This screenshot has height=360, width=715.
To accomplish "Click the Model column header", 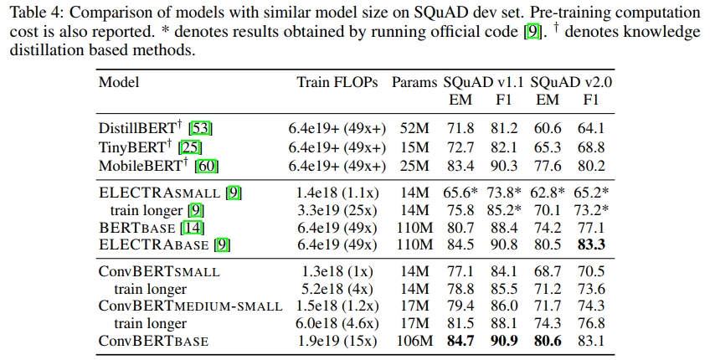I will [119, 82].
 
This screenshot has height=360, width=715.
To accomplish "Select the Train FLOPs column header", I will [337, 82].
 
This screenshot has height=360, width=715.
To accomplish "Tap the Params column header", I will [414, 82].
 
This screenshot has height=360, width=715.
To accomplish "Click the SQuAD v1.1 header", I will [483, 82].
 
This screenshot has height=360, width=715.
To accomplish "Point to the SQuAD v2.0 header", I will [571, 82].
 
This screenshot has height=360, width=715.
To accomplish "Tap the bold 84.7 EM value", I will [460, 342].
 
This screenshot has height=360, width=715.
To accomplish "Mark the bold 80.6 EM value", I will [548, 342].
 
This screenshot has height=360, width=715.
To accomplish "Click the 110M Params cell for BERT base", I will [414, 227].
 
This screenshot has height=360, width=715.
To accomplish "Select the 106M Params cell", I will [414, 342].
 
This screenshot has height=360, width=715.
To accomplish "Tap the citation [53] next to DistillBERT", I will [201, 129].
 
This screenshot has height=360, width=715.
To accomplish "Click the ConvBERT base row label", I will [153, 342].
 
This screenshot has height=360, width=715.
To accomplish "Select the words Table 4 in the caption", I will [36, 14].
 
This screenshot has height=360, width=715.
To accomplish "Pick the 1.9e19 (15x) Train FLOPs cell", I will [337, 342].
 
